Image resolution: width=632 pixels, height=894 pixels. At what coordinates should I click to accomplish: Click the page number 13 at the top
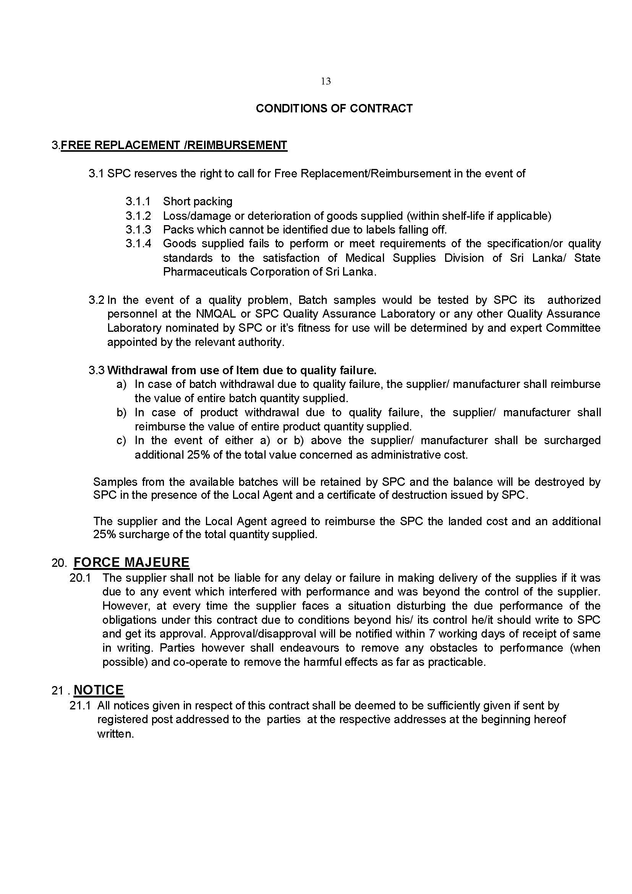click(326, 81)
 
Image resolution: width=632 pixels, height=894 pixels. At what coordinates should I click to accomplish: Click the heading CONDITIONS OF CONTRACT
click(334, 108)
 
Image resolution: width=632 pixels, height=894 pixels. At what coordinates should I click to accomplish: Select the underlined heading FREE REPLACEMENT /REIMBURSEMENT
click(174, 145)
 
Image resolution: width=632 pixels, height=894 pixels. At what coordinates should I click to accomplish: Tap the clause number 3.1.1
click(138, 201)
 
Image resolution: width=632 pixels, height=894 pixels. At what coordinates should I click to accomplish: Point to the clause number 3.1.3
click(138, 229)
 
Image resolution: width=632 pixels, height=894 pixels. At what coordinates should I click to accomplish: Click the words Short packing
click(198, 201)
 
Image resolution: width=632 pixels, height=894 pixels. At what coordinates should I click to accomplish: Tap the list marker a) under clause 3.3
click(122, 384)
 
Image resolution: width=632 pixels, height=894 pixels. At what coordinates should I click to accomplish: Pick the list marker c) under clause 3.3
click(122, 440)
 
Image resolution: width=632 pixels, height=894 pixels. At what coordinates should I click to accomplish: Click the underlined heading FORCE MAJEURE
click(131, 562)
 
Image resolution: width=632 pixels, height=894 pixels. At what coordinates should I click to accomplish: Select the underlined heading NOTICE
click(99, 690)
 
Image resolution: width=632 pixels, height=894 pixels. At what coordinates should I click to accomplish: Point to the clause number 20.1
click(80, 578)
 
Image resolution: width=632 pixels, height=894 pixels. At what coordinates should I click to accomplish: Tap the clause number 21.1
click(80, 706)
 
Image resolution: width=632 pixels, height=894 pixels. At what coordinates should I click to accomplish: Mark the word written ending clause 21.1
click(115, 734)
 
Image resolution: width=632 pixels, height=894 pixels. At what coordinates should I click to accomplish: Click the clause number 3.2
click(97, 300)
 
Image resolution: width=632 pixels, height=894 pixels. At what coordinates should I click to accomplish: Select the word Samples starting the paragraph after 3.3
click(115, 482)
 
